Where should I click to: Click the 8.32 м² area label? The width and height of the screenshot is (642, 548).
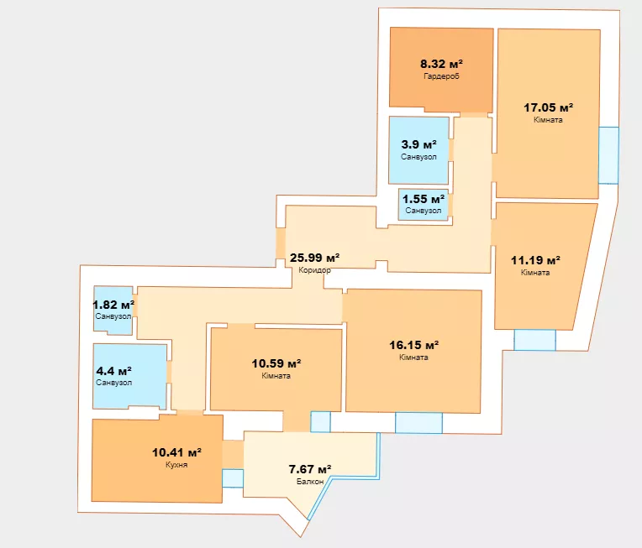point(441,64)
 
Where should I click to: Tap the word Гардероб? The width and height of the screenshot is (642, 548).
point(441,76)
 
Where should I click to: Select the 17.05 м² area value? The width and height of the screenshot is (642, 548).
point(548,107)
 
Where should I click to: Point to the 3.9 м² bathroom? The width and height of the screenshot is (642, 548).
point(418,150)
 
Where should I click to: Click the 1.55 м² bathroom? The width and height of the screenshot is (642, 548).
point(424,205)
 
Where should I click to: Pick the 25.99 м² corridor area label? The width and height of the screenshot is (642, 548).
point(314,258)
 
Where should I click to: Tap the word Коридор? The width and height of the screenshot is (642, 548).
point(314,270)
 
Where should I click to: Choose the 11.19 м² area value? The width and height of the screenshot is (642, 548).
point(535,260)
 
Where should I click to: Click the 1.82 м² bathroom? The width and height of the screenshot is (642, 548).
point(113,311)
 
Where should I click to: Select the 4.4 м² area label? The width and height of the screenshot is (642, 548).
point(113,371)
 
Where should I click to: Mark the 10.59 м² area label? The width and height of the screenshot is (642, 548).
point(276,363)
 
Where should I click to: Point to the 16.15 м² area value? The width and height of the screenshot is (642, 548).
point(414,345)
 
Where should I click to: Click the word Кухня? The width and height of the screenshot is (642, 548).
point(176,465)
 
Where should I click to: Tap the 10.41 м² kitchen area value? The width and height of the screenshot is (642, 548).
point(176,452)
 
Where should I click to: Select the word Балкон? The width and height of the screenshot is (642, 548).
point(310,482)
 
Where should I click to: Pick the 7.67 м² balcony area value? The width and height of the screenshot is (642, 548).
point(310,469)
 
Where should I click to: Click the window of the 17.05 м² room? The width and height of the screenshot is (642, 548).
point(608,155)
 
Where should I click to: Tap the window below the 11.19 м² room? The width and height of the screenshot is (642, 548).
point(534,340)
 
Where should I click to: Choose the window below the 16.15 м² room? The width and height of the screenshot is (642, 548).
point(418,423)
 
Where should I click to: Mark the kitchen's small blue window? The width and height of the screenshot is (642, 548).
point(233,478)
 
